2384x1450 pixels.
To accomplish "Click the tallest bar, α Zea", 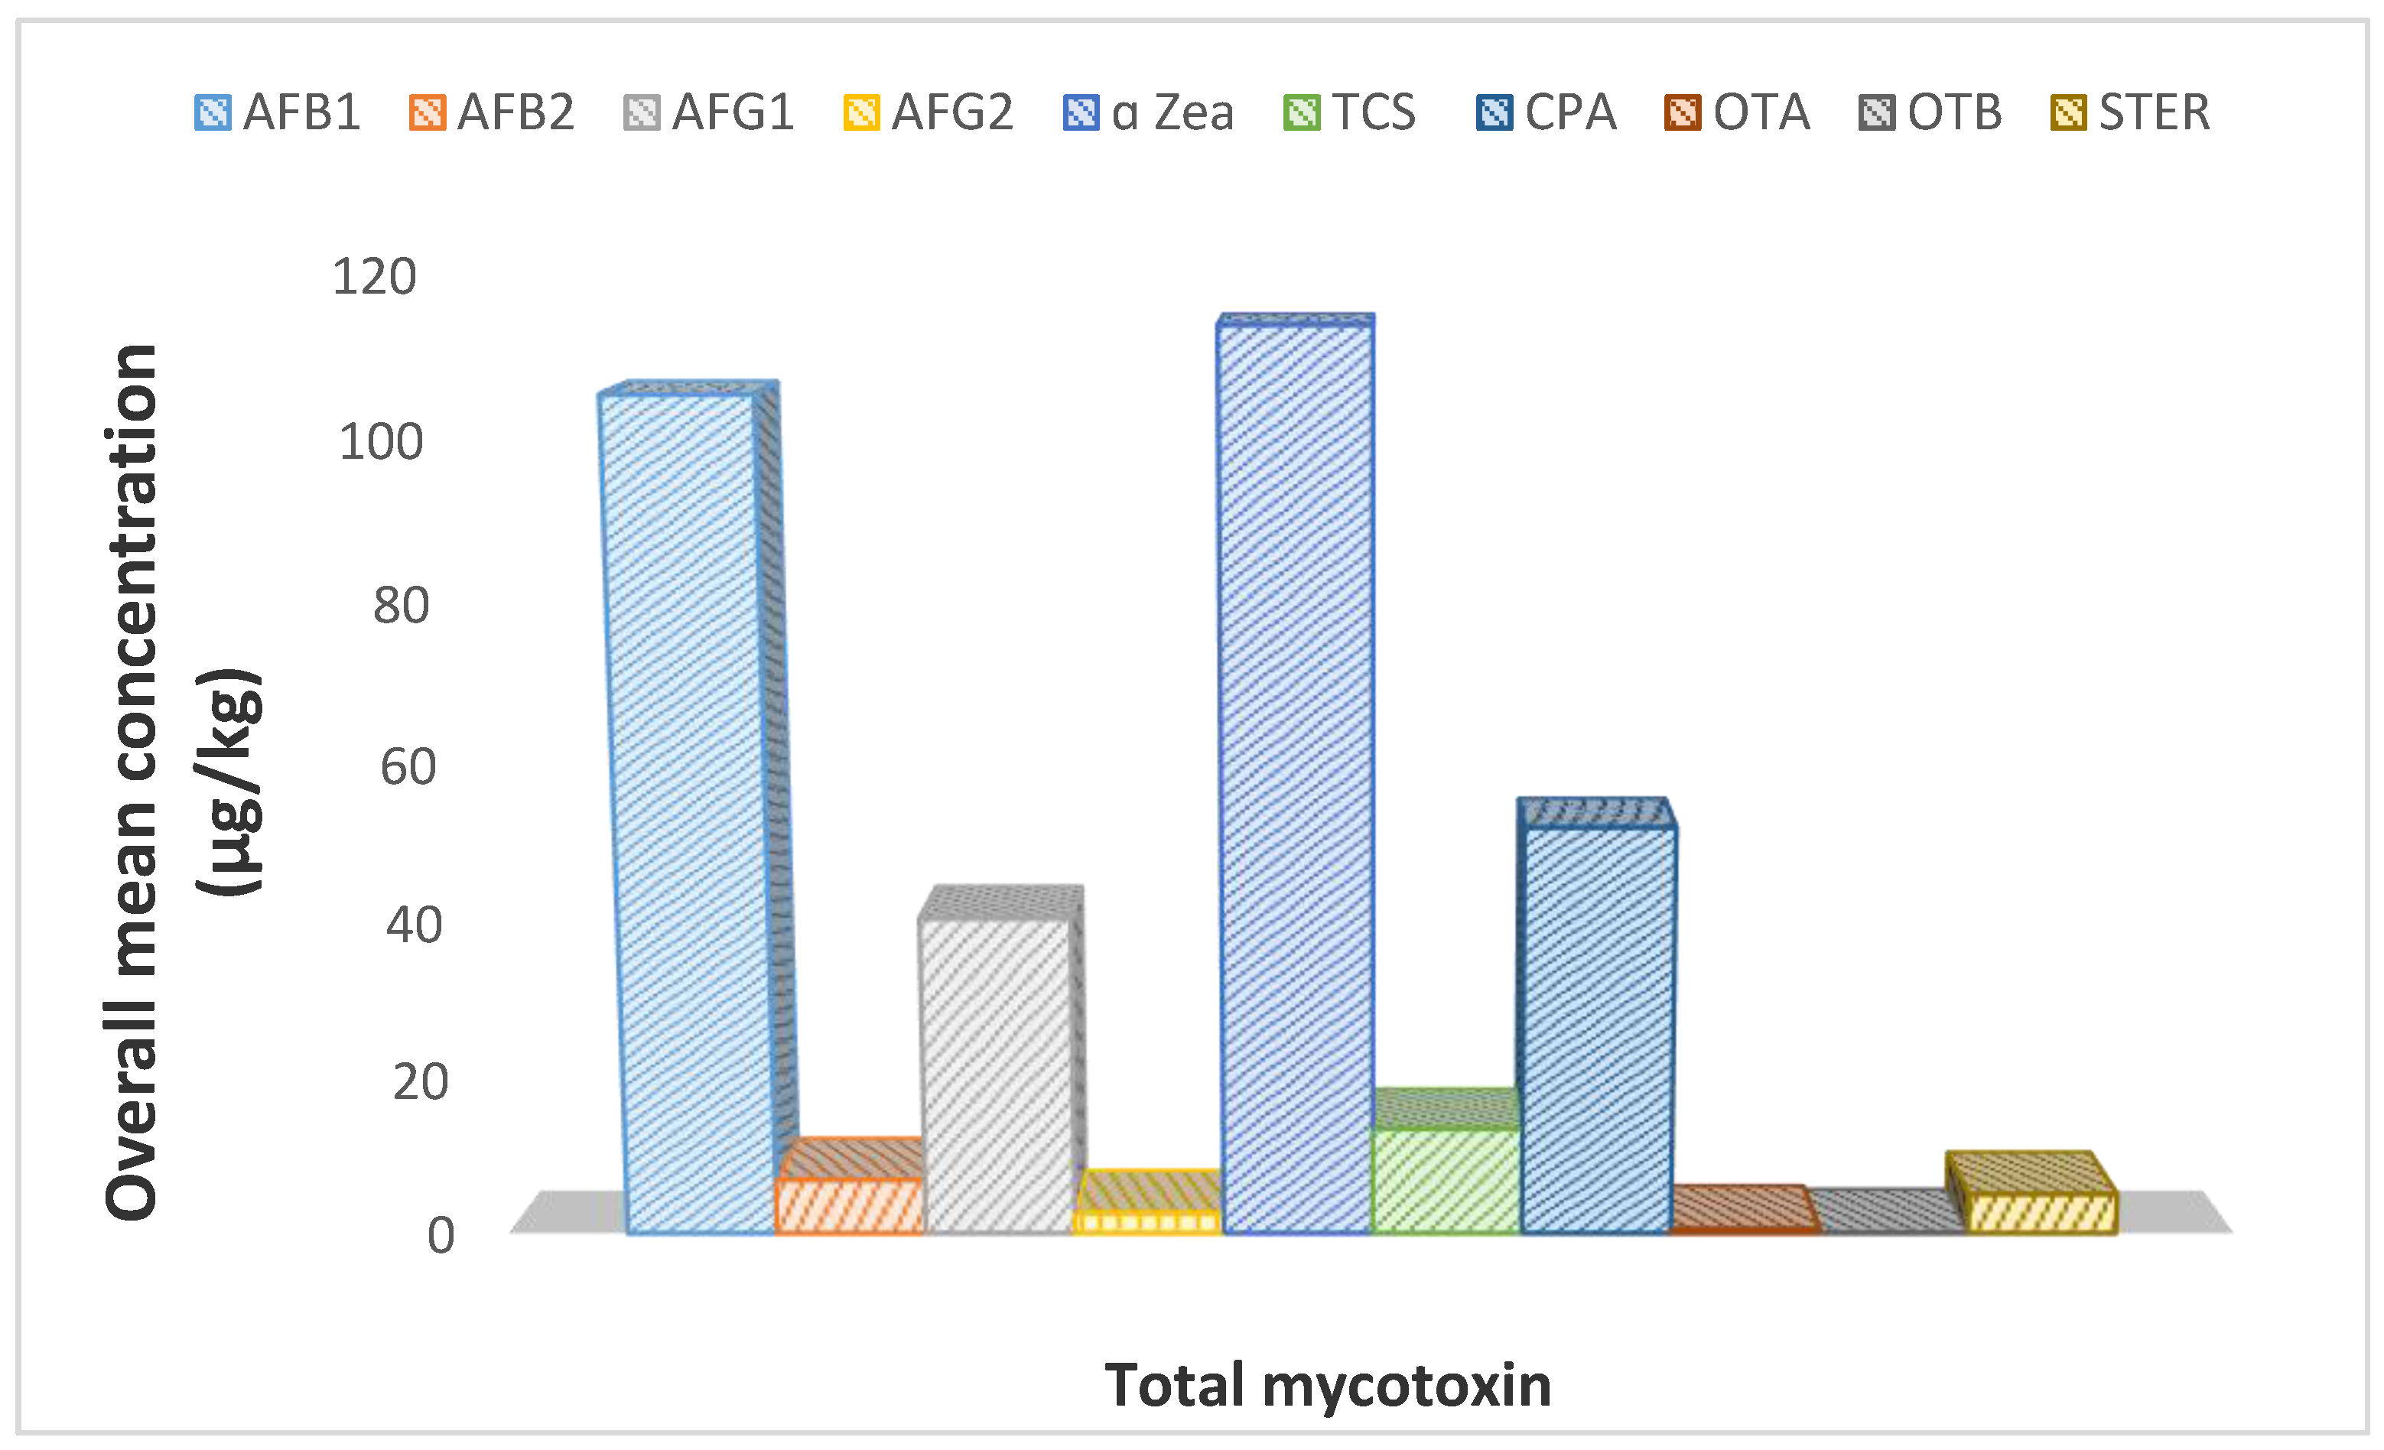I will pos(1296,774).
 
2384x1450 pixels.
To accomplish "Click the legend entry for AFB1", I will pos(278,112).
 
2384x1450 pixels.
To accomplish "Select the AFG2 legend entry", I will pos(929,112).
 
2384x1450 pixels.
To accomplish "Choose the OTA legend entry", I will pos(1738,112).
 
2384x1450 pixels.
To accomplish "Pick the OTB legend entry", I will pos(1931,112).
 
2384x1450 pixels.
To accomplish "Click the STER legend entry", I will pos(2131,112).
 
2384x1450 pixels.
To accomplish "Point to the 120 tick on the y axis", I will pos(375,277).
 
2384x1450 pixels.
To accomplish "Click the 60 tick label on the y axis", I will pos(408,767).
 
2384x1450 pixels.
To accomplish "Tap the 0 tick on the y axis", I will pos(441,1235).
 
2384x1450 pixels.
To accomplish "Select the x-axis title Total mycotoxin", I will pos(1328,1385).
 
